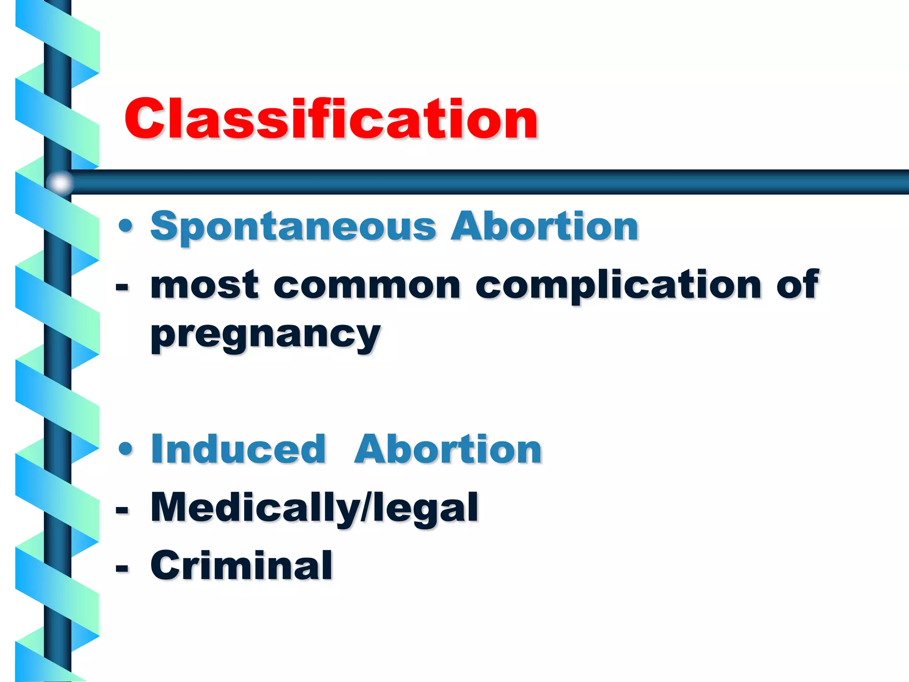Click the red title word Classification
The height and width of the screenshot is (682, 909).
click(331, 119)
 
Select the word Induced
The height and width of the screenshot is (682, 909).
click(238, 449)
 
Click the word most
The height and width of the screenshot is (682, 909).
click(204, 285)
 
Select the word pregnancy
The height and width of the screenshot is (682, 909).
click(265, 335)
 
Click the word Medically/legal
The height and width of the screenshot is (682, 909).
click(314, 508)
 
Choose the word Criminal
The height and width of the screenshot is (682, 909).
click(241, 565)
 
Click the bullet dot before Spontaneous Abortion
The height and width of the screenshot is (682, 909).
click(126, 226)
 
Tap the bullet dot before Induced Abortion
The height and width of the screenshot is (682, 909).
click(126, 449)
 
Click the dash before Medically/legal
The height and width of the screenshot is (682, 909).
click(122, 510)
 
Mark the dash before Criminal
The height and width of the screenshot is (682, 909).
click(122, 567)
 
